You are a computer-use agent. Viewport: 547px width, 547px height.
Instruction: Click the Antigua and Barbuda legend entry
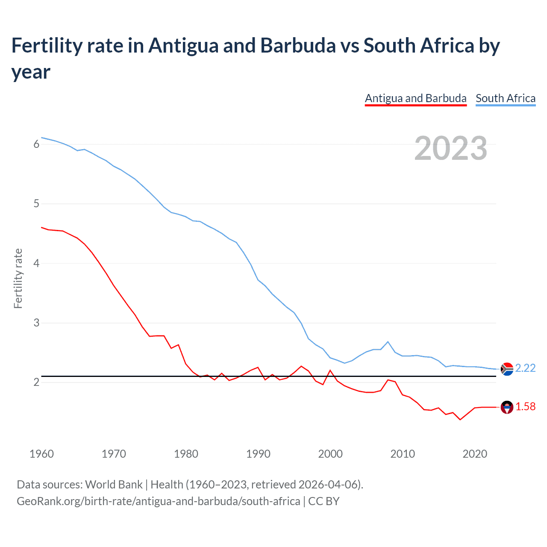pos(415,98)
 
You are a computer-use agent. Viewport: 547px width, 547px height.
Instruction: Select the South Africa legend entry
pos(505,98)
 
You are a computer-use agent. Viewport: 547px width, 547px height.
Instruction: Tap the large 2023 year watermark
pos(450,148)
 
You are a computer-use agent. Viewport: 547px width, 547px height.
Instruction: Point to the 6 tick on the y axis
pos(36,144)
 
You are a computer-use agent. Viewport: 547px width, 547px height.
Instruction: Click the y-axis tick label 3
pos(36,323)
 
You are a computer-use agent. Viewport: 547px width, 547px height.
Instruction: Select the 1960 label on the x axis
pos(41,454)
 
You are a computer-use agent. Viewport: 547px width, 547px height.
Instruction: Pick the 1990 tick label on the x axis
pos(258,454)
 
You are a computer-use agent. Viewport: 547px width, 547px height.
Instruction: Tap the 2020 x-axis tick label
pos(475,454)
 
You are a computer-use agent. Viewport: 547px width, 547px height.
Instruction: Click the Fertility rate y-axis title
pos(18,278)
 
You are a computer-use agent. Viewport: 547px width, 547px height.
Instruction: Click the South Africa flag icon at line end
pos(507,369)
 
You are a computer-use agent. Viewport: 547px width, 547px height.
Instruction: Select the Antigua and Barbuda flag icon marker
pos(507,407)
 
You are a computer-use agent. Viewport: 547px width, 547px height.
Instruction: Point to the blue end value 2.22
pos(525,368)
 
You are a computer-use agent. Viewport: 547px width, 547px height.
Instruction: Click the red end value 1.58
pos(525,407)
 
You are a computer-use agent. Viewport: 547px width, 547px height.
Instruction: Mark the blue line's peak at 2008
pos(388,341)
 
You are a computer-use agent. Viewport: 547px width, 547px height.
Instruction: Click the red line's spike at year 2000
pos(330,371)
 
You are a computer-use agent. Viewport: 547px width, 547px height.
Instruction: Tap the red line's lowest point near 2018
pos(460,420)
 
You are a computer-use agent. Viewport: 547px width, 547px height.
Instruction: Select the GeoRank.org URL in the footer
pos(158,501)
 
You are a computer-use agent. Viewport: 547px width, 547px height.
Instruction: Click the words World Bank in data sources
pos(114,485)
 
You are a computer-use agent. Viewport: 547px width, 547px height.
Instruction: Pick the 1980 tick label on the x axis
pos(186,454)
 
